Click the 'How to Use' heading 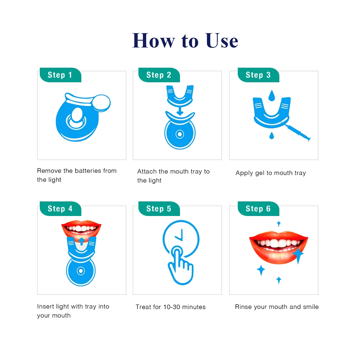pyautogui.click(x=185, y=40)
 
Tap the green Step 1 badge pyautogui.click(x=60, y=75)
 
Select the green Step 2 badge pyautogui.click(x=159, y=75)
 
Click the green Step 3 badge pyautogui.click(x=258, y=75)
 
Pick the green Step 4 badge pyautogui.click(x=60, y=209)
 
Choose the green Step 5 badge pyautogui.click(x=159, y=209)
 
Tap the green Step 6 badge pyautogui.click(x=258, y=209)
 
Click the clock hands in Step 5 pyautogui.click(x=180, y=236)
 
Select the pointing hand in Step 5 pyautogui.click(x=180, y=262)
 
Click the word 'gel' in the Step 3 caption pyautogui.click(x=260, y=173)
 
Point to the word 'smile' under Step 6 pyautogui.click(x=310, y=307)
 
